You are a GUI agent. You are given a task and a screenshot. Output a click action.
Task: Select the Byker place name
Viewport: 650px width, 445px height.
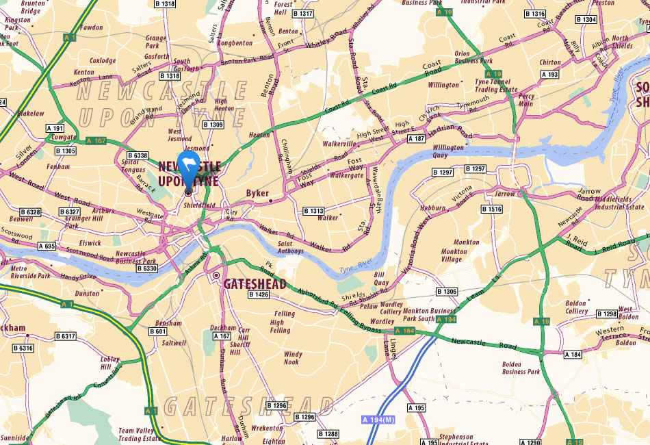click(x=257, y=194)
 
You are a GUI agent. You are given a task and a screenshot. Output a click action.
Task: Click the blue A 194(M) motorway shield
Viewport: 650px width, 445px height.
click(x=379, y=419)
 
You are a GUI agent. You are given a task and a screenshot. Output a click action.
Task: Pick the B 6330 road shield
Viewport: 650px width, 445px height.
click(x=146, y=269)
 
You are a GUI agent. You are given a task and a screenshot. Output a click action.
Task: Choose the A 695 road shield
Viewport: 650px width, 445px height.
click(x=47, y=246)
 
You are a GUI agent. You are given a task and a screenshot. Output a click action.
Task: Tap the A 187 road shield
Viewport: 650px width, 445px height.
click(x=416, y=139)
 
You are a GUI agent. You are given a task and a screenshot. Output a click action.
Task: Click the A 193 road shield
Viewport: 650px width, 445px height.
click(x=549, y=74)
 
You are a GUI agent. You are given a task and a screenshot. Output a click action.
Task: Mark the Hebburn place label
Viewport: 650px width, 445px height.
click(x=432, y=207)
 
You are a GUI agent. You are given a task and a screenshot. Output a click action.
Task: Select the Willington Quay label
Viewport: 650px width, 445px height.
click(x=448, y=151)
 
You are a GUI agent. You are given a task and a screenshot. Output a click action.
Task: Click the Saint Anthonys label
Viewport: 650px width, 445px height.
click(x=294, y=247)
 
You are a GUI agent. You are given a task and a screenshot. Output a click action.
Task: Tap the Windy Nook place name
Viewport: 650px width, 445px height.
click(x=291, y=357)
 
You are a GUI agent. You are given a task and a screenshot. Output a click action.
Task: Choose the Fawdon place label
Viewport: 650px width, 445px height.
click(x=92, y=28)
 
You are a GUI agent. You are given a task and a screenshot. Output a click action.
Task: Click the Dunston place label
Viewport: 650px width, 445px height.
click(x=87, y=293)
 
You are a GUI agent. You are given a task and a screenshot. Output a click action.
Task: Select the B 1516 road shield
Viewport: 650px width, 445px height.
click(x=491, y=209)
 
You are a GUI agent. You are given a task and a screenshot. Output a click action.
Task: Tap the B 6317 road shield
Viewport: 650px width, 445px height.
click(x=64, y=336)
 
